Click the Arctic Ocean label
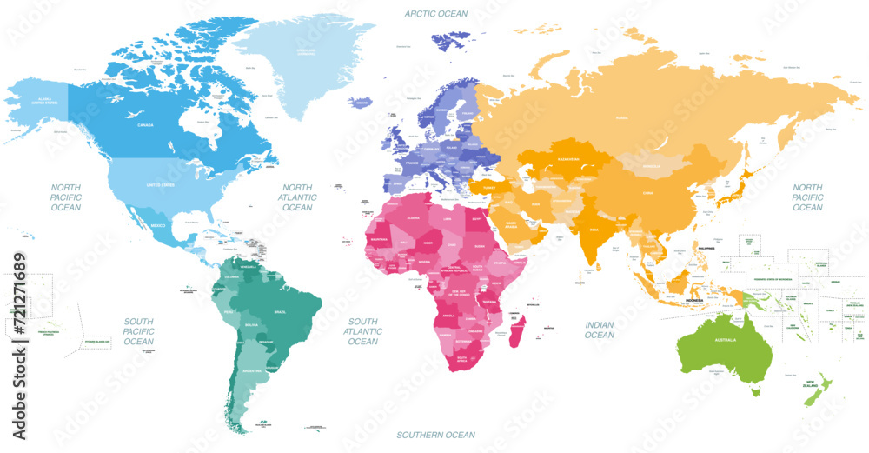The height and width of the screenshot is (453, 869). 436,13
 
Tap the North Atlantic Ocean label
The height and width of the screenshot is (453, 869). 297,197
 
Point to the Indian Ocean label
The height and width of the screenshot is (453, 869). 599,330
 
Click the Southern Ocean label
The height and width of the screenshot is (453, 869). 436,434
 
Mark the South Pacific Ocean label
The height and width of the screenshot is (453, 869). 138,331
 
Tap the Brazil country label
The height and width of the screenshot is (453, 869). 280,310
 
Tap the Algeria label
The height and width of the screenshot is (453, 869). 414,218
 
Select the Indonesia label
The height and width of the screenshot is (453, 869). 695,300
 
